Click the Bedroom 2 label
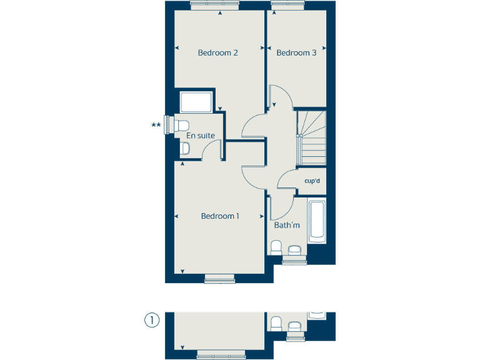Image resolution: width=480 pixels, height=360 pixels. pos(217,52)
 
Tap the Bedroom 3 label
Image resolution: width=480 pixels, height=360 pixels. pos(296,52)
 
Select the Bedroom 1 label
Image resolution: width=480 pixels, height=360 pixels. pos(220,216)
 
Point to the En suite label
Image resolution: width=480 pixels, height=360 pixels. pos(201,135)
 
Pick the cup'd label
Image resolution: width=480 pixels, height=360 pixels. pos(312,181)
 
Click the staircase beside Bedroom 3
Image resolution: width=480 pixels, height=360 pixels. pos(311,137)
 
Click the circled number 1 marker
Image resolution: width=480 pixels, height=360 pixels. pos(151,321)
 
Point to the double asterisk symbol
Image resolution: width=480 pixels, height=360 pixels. pos(156,125)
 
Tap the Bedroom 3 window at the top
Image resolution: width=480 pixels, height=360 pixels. pos(287,4)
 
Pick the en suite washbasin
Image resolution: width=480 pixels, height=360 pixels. pos(185,148)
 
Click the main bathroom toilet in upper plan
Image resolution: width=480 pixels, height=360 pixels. pos(276,247)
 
